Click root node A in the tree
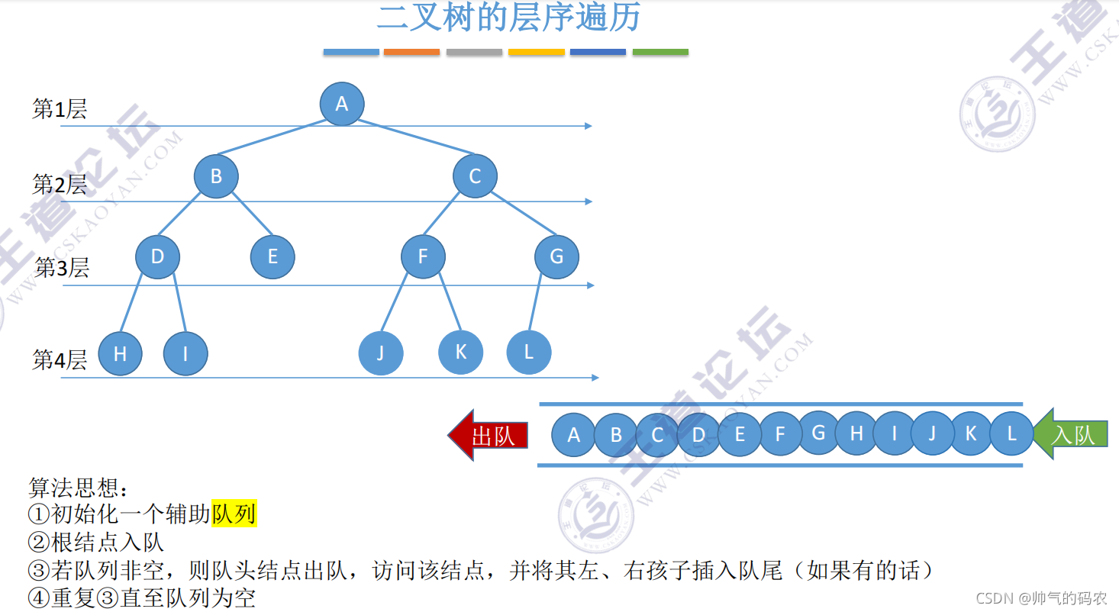click(341, 104)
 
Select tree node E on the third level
click(272, 256)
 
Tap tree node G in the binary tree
click(556, 256)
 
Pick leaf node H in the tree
click(120, 353)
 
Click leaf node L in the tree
click(528, 352)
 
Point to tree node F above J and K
click(423, 256)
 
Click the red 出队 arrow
click(489, 435)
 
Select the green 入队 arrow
click(1071, 434)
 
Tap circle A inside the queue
click(573, 435)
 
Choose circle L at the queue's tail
click(1011, 433)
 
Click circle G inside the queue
click(818, 433)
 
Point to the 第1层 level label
click(60, 109)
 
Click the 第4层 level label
click(60, 359)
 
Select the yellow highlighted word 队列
click(234, 514)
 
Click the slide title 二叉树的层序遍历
click(508, 18)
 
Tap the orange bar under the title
click(411, 52)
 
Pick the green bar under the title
click(660, 52)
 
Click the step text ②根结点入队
click(96, 543)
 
